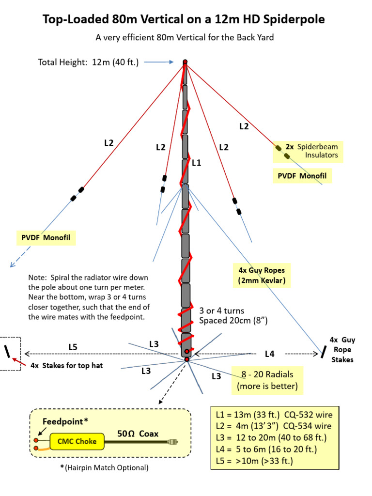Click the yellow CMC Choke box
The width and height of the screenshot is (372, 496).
pyautogui.click(x=77, y=441)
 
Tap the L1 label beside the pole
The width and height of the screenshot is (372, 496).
pyautogui.click(x=196, y=164)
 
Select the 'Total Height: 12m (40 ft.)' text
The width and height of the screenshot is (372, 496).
pyautogui.click(x=88, y=62)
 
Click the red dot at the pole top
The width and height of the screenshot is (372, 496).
pyautogui.click(x=185, y=62)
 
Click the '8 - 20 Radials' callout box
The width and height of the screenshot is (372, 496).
pyautogui.click(x=267, y=380)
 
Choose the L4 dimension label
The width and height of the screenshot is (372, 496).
pyautogui.click(x=270, y=354)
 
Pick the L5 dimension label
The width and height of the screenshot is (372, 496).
pyautogui.click(x=73, y=347)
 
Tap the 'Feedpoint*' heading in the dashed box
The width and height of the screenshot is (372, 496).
pyautogui.click(x=65, y=421)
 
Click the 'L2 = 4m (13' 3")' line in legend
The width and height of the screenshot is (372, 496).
pyautogui.click(x=274, y=426)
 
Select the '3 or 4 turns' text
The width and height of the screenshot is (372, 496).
pyautogui.click(x=222, y=310)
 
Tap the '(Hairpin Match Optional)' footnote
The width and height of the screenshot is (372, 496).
pyautogui.click(x=104, y=468)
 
